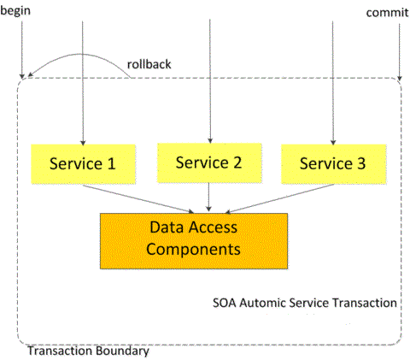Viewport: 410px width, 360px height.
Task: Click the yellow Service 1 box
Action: click(x=83, y=163)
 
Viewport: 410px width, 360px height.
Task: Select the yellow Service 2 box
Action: click(x=209, y=163)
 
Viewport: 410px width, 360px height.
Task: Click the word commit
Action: click(x=385, y=13)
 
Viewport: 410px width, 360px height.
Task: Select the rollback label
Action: click(x=150, y=62)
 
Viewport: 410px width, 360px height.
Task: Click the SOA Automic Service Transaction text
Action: click(x=304, y=303)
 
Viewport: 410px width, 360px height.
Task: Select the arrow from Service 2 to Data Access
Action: click(x=209, y=198)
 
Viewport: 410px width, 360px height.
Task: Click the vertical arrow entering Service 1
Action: click(x=83, y=86)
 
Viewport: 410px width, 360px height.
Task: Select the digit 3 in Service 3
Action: click(x=360, y=163)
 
